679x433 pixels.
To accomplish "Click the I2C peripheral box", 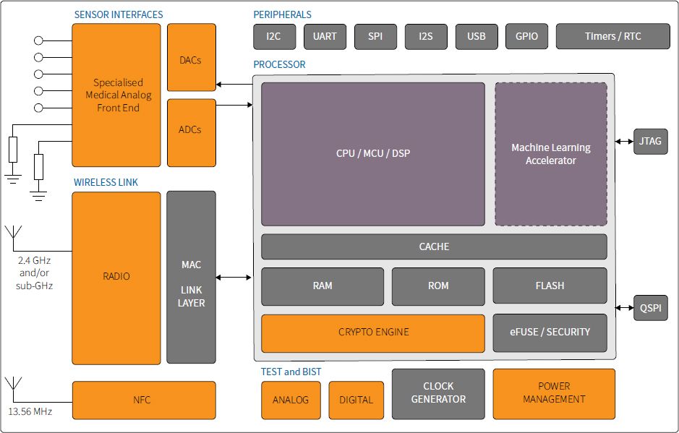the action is (x=275, y=36).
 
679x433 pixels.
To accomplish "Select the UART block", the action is (x=325, y=36).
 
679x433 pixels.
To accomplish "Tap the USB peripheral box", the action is (x=477, y=36).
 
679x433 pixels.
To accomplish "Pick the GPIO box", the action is (x=526, y=36).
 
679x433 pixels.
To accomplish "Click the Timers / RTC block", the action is (x=612, y=36).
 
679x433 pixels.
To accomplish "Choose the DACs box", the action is (x=192, y=57).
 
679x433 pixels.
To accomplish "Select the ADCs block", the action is (x=192, y=133).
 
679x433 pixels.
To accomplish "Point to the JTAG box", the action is (x=650, y=141).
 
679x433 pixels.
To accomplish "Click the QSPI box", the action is (x=650, y=308).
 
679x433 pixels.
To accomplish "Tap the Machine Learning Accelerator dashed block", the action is (x=551, y=154).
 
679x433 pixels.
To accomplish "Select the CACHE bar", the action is (x=434, y=246).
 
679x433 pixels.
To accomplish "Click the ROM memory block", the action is (x=438, y=286).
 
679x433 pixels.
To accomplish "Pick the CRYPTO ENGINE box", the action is (x=373, y=333).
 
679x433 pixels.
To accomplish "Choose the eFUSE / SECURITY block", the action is (x=550, y=333).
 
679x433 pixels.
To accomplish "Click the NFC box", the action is (x=144, y=400).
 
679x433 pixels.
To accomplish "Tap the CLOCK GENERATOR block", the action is (x=438, y=394).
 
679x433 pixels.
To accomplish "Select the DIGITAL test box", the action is (x=356, y=400).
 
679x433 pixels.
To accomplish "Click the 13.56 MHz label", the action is (x=30, y=412).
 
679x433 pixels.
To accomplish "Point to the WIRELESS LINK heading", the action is (x=106, y=182).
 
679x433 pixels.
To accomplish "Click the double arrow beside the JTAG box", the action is (x=624, y=141).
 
